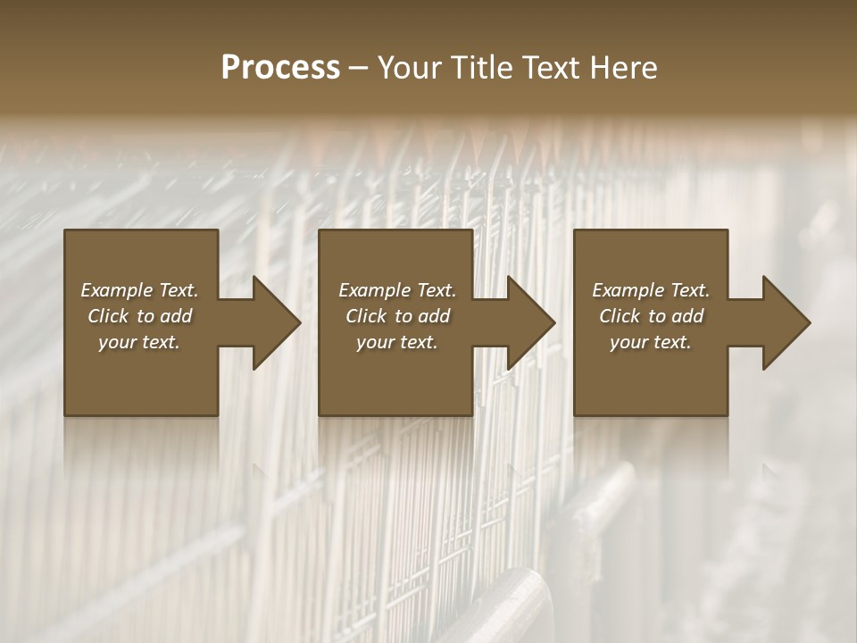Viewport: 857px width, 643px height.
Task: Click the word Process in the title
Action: click(280, 68)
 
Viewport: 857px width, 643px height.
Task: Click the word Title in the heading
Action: click(483, 68)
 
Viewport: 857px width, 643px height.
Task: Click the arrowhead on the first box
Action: click(277, 322)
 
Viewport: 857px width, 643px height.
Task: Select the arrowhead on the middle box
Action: click(531, 322)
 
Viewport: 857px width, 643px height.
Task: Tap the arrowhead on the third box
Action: click(786, 322)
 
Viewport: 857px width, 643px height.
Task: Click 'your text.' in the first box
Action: click(139, 342)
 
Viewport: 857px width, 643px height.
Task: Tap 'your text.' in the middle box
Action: click(396, 342)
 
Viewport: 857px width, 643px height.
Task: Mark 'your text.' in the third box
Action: click(651, 342)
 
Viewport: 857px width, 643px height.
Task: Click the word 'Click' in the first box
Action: click(108, 316)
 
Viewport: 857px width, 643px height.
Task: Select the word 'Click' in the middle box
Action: click(366, 316)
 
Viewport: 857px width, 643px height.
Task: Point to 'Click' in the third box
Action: click(620, 316)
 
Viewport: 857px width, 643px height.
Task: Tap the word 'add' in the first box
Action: click(177, 316)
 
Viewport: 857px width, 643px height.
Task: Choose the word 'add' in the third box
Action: click(688, 316)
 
